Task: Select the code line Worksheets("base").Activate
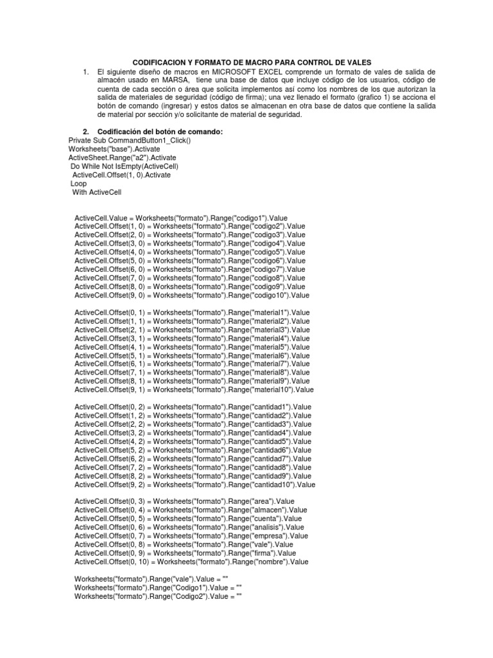(x=113, y=149)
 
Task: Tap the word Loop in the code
(x=78, y=184)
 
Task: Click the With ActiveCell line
(x=96, y=192)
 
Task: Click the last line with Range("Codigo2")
(x=158, y=596)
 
